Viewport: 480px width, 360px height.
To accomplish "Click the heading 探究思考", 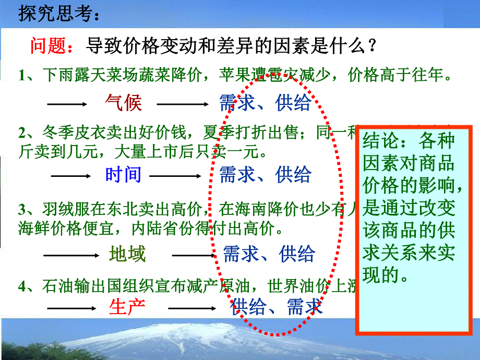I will pos(58,14).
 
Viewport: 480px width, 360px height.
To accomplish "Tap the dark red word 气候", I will pos(123,103).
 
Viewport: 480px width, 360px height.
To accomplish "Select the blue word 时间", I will pos(123,174).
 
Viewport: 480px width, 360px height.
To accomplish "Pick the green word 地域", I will pos(127,254).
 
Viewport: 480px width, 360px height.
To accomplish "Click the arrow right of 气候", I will pos(183,104).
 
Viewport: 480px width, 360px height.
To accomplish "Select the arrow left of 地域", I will pos(70,255).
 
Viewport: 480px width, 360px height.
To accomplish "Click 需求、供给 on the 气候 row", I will pos(265,103).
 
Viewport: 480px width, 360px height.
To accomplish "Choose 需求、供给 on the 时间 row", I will pos(265,174).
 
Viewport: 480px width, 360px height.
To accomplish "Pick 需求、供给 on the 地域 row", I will pos(269,254).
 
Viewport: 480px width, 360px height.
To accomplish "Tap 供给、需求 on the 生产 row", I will pos(277,306).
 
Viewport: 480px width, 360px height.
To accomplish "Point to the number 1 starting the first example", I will pos(21,76).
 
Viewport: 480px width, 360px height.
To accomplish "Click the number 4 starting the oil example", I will pos(21,286).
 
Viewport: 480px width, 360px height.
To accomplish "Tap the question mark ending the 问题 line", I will pos(371,47).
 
